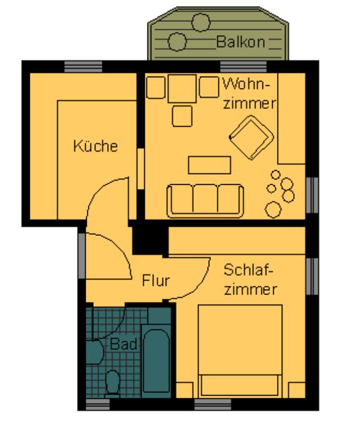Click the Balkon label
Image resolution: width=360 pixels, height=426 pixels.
pos(241,42)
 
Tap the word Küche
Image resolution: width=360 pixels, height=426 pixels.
pos(96,145)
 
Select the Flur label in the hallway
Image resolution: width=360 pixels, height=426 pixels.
pos(156,280)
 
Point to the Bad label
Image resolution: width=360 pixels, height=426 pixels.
pos(124,344)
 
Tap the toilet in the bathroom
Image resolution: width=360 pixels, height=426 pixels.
pos(112,382)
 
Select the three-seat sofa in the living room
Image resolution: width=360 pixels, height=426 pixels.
pos(205,201)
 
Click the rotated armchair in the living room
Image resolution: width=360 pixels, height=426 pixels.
pos(251,137)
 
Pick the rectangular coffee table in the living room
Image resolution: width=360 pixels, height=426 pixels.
pos(209,165)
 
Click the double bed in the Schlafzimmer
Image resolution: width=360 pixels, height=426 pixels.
pos(240,350)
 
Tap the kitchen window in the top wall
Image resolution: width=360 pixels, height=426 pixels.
pos(83,67)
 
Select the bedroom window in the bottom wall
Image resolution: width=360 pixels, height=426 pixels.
pos(212,405)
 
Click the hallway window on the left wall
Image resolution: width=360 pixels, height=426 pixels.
pos(82,256)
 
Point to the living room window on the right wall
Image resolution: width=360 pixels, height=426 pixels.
pos(312,195)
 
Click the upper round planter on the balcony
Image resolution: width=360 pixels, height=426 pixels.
pos(201,22)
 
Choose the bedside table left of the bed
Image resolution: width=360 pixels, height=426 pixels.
pos(185,390)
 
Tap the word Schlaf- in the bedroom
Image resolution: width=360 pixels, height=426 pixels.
pos(248,270)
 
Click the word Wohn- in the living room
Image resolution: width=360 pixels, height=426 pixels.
pos(247,84)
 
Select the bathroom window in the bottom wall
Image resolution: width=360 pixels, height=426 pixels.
pos(98,405)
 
